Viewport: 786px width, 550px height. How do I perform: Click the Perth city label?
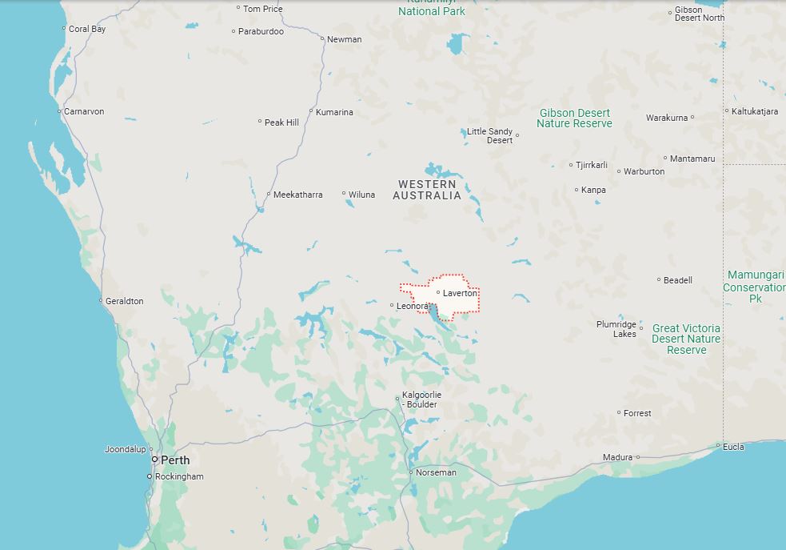[x=175, y=460]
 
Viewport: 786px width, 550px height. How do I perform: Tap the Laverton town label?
[x=460, y=293]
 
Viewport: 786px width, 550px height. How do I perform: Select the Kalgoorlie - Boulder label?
[x=421, y=399]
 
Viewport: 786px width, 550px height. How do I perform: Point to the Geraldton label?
[x=125, y=301]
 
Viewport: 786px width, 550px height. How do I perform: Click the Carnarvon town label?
[x=84, y=111]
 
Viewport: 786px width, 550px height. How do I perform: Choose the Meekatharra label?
[x=298, y=195]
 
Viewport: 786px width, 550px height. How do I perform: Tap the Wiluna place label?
[x=361, y=195]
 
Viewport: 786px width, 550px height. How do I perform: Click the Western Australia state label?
[x=427, y=190]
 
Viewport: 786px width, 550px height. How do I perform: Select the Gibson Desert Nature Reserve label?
[x=574, y=118]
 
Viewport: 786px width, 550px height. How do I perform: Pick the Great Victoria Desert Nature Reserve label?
[x=686, y=339]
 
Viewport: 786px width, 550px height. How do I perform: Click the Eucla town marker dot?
[x=718, y=446]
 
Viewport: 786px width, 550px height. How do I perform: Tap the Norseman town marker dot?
[x=411, y=472]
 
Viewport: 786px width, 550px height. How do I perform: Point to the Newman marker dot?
[x=322, y=38]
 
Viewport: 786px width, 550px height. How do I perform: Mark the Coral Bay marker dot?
[x=64, y=29]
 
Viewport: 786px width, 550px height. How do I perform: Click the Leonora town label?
[x=413, y=306]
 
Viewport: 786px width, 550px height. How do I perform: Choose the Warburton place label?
[x=644, y=171]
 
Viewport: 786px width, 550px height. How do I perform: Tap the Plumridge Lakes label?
[x=617, y=329]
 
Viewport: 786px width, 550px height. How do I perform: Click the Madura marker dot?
[x=638, y=457]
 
